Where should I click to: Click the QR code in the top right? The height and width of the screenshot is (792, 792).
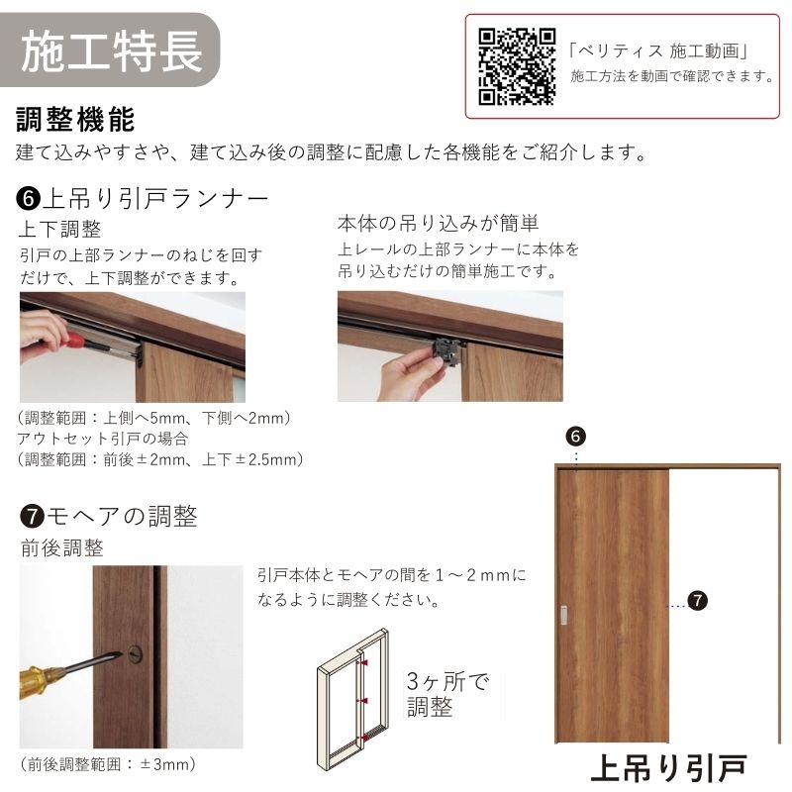click(x=517, y=65)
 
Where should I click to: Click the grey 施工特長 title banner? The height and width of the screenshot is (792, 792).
click(x=111, y=48)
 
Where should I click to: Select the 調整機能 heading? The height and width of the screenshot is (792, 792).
click(x=75, y=120)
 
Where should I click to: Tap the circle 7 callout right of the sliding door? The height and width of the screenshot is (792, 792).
click(x=697, y=600)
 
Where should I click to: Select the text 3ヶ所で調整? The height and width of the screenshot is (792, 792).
click(x=447, y=694)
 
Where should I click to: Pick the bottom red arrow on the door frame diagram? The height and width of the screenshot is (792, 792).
click(x=365, y=737)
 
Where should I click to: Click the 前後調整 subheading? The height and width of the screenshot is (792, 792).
click(x=61, y=547)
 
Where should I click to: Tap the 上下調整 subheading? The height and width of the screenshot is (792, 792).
click(x=59, y=230)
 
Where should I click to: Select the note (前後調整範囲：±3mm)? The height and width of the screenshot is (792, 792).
click(x=107, y=763)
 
